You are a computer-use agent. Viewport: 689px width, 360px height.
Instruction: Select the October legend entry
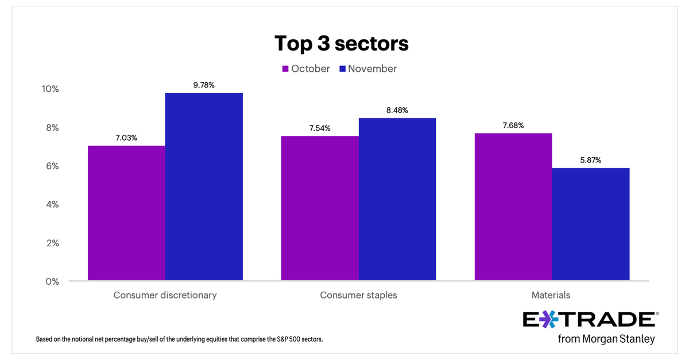305,69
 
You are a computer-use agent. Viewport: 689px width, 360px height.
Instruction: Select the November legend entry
367,69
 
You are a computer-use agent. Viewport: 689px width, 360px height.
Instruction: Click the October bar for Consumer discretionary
126,213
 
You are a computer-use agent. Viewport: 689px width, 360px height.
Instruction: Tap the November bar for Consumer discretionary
204,187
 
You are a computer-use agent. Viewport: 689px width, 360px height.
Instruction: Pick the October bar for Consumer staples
320,208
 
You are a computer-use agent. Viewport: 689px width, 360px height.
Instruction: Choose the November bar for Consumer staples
397,199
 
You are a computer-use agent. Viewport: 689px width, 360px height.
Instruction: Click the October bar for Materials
513,207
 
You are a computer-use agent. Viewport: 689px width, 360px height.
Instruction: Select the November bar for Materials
591,224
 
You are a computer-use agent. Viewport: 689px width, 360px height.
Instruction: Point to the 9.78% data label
204,85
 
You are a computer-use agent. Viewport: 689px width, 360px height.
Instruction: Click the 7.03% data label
126,138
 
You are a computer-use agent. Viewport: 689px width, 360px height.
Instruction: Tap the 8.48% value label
397,110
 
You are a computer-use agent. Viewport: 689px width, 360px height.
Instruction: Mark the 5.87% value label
591,160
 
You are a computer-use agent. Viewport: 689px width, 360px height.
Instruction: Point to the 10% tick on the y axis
50,89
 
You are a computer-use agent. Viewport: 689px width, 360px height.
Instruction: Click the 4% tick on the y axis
52,204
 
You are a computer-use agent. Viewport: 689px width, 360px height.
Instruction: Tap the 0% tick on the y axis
52,281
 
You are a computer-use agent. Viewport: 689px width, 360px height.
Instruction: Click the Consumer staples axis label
358,296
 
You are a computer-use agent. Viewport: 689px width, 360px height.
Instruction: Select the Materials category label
552,296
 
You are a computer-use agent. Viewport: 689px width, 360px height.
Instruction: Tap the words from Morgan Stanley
606,339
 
